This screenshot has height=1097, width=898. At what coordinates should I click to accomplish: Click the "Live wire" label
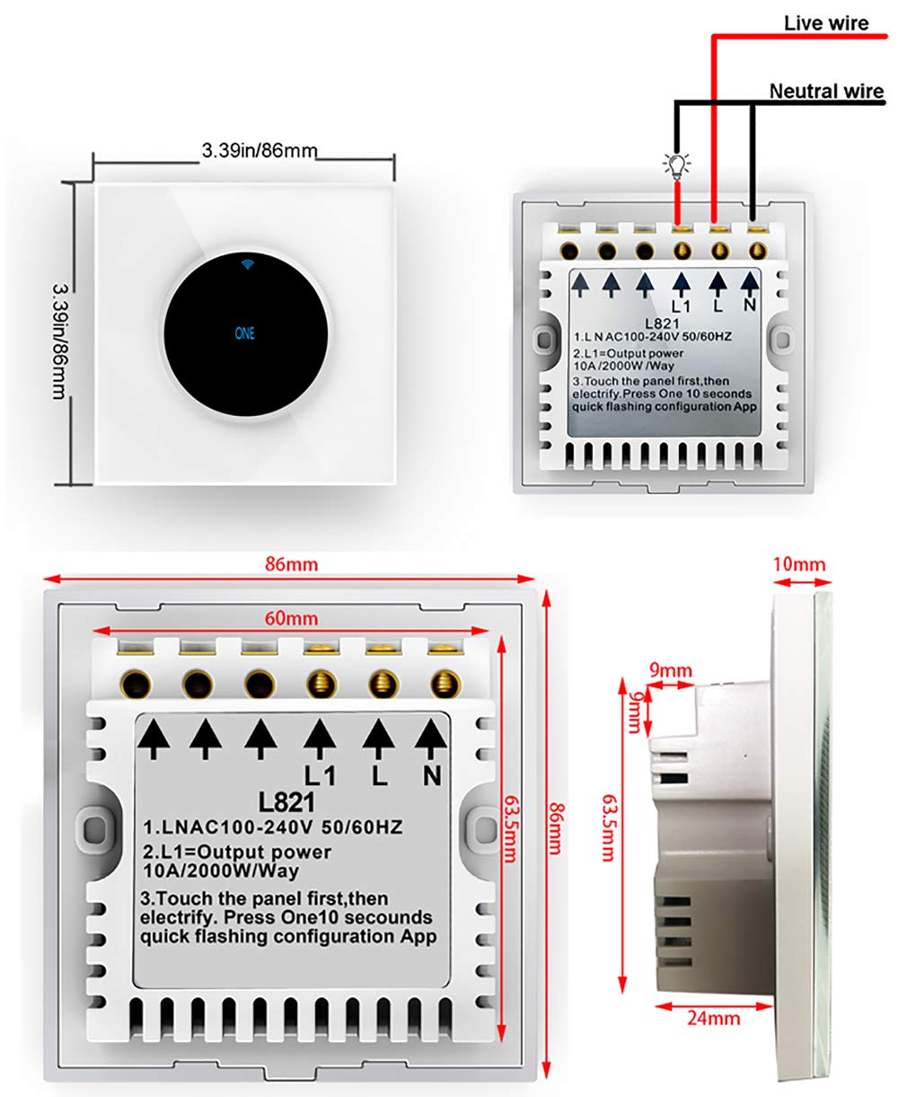coord(826,22)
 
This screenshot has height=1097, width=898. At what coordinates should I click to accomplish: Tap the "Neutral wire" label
coord(826,92)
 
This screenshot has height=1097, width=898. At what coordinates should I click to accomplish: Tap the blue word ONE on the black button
coord(244,332)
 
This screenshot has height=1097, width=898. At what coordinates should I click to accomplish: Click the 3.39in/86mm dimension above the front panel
coord(259,151)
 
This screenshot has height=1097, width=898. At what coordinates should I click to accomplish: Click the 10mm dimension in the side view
coord(797,564)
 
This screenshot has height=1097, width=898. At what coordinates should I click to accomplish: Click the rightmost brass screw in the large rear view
coord(440,685)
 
